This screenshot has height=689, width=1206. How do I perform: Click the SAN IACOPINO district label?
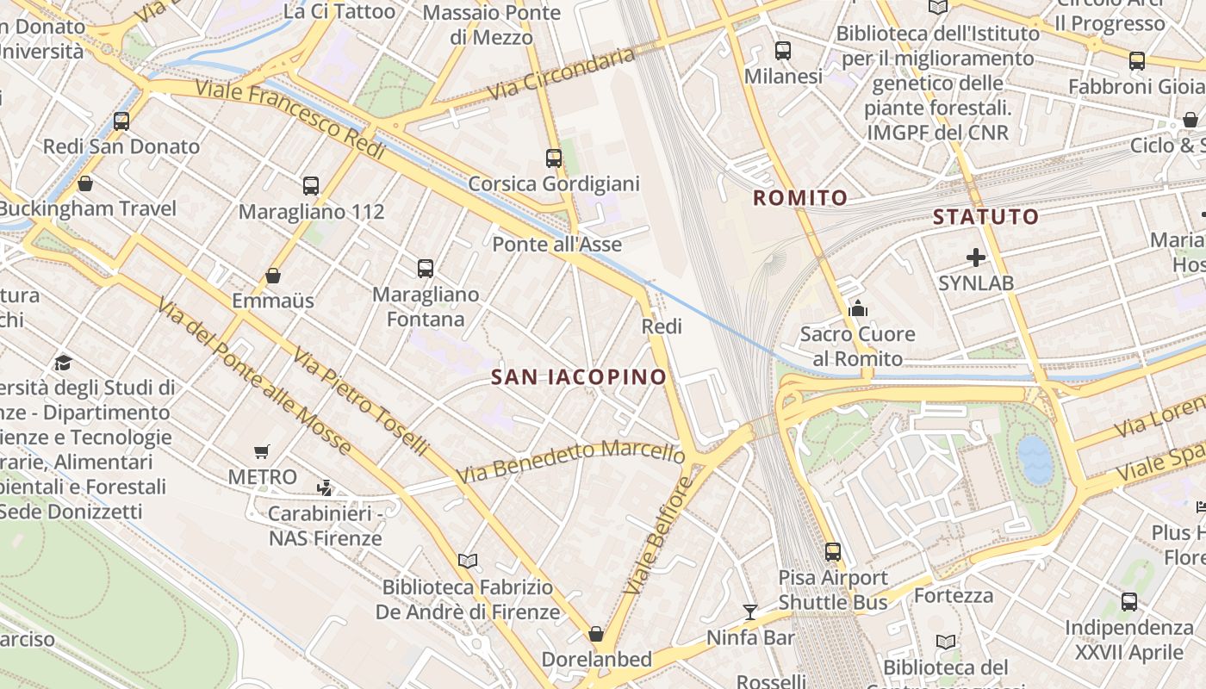(x=579, y=376)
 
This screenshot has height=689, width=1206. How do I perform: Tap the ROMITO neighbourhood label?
(x=800, y=198)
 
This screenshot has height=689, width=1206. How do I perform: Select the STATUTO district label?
(x=986, y=217)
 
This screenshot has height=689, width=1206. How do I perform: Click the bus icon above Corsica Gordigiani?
(x=554, y=158)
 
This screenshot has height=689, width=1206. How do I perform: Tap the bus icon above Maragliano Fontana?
(x=426, y=268)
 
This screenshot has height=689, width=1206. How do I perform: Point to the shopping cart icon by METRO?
(x=262, y=451)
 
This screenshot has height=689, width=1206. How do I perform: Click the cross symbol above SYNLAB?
(x=976, y=258)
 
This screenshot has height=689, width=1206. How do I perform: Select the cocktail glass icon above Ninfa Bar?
(x=750, y=612)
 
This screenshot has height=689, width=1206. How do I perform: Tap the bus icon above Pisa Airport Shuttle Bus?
(x=833, y=552)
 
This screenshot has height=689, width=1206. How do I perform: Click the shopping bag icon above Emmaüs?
(x=273, y=276)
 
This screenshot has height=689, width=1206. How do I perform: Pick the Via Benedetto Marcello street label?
(x=570, y=462)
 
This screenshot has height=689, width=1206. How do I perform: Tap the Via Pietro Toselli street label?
(x=359, y=400)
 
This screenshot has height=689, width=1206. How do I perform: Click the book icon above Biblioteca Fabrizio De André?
(x=468, y=562)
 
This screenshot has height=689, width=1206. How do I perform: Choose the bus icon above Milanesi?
(x=783, y=51)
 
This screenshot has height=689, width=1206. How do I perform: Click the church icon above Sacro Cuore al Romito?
(x=858, y=308)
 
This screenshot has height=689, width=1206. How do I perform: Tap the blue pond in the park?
(x=1035, y=458)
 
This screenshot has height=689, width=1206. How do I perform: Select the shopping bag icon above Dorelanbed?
(x=596, y=634)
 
